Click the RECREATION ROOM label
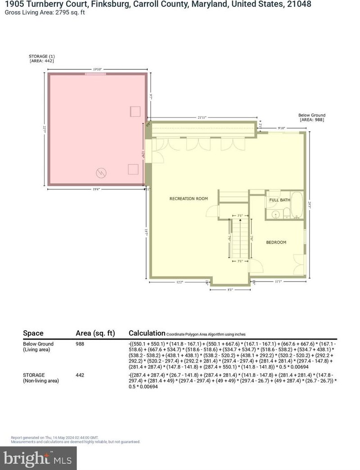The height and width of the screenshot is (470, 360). click(189, 198)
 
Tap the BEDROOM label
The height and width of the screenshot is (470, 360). click(276, 242)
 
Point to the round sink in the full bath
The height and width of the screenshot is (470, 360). click(276, 215)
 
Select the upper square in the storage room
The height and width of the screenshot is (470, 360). click(135, 111)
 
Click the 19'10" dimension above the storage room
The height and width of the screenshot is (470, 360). click(97, 69)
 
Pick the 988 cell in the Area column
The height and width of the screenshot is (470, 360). click(80, 344)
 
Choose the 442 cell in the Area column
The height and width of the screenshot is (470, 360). click(80, 374)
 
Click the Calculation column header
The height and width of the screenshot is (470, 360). click(147, 333)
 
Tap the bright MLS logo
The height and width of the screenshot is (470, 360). click(38, 458)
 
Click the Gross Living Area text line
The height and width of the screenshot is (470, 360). click(45, 12)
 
